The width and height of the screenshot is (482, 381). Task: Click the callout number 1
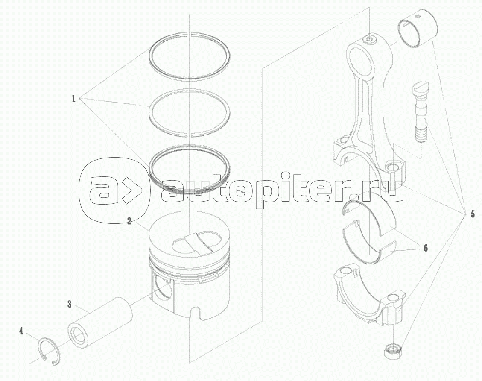click(73, 99)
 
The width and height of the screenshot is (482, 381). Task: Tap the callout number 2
click(129, 221)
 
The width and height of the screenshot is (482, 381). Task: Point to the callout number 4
click(21, 331)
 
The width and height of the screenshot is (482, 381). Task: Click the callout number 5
click(473, 214)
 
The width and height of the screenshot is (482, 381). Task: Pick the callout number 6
click(426, 248)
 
